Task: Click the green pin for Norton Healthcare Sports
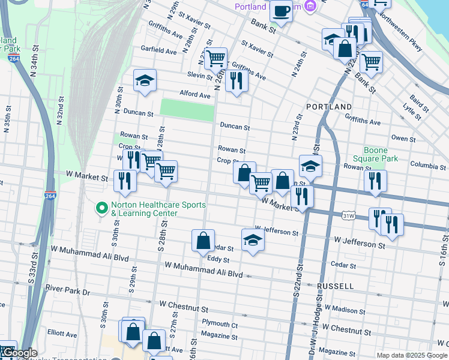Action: pyautogui.click(x=102, y=209)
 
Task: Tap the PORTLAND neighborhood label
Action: pyautogui.click(x=329, y=106)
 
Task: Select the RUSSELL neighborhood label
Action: pyautogui.click(x=337, y=286)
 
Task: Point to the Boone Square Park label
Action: pyautogui.click(x=381, y=154)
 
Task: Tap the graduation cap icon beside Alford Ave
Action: pyautogui.click(x=144, y=81)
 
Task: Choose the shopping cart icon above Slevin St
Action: pyautogui.click(x=215, y=59)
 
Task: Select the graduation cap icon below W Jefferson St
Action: pyautogui.click(x=253, y=240)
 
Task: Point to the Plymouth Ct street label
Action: pyautogui.click(x=220, y=325)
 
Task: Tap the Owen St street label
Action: pyautogui.click(x=403, y=139)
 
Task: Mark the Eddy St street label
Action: pyautogui.click(x=218, y=260)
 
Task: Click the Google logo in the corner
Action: pyautogui.click(x=19, y=353)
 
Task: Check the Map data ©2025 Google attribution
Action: pyautogui.click(x=411, y=355)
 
